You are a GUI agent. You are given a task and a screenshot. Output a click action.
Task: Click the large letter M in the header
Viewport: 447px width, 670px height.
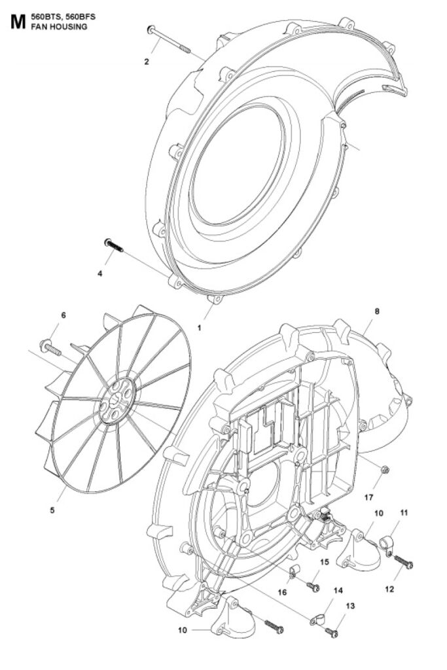[18, 22]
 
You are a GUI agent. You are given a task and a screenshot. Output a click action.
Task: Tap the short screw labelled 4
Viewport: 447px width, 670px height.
[113, 245]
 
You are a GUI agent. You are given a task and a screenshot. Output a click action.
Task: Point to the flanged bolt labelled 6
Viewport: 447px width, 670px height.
[50, 347]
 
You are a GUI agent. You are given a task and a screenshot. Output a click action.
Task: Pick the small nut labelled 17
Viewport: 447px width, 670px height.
[384, 470]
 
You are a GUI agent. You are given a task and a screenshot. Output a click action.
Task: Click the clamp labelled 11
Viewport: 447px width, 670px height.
[385, 544]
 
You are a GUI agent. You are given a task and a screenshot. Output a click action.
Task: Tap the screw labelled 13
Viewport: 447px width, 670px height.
[332, 631]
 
